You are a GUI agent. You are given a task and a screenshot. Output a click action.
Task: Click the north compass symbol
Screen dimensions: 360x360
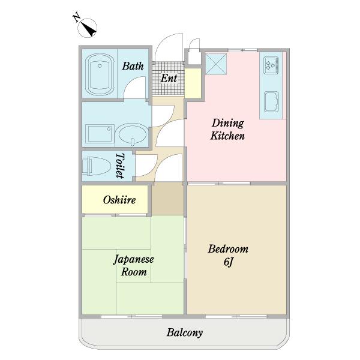(87, 28)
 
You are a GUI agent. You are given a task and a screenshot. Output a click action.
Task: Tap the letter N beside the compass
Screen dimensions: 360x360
(77, 17)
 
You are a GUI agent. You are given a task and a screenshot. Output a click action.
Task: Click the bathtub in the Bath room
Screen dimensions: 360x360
(100, 74)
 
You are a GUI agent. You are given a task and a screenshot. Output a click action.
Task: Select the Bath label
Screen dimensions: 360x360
(133, 66)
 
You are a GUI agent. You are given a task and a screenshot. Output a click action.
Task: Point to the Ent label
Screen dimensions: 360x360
(169, 78)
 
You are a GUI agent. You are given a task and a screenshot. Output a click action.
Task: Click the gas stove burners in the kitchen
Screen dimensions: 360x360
(271, 65)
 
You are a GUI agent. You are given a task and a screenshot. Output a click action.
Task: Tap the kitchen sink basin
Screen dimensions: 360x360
(271, 101)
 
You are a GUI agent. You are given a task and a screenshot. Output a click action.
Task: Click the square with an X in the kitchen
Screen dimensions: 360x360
(216, 64)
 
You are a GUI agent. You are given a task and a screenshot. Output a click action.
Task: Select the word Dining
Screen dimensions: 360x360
(228, 124)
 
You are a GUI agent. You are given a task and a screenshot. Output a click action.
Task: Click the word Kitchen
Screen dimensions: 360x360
(227, 136)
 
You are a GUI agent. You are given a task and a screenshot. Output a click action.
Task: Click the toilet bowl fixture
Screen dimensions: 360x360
(97, 166)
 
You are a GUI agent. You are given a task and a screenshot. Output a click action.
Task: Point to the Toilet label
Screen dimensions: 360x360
(120, 166)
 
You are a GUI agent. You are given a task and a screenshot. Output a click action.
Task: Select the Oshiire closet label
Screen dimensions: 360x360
(119, 200)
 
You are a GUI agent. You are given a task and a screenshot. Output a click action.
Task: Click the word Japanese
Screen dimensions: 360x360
(134, 260)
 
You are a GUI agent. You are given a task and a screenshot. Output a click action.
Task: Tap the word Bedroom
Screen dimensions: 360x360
(228, 249)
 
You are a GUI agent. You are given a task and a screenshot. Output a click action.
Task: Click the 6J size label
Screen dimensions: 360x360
(229, 262)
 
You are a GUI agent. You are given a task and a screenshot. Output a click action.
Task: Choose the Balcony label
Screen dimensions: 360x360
(185, 332)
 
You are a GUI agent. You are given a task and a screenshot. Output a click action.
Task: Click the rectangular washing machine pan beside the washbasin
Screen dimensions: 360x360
(100, 134)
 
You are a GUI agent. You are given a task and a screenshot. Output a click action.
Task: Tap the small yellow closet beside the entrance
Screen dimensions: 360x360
(193, 83)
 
